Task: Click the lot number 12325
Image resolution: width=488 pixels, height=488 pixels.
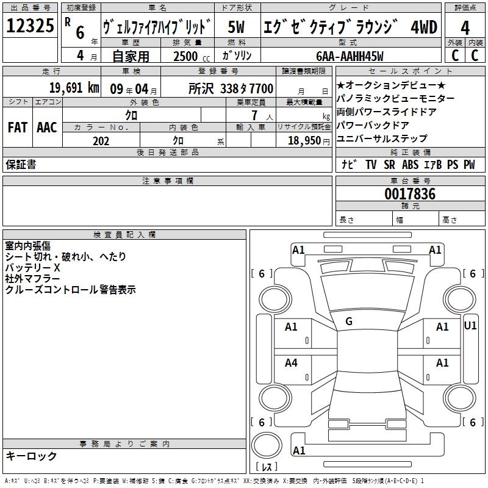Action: (x=30, y=26)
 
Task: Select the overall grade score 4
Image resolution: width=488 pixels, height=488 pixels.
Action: (x=465, y=28)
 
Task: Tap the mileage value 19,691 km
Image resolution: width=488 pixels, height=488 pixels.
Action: (x=74, y=88)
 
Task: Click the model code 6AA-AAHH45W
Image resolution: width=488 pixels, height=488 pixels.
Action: (x=350, y=56)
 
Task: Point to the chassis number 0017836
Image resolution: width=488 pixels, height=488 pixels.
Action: (x=410, y=194)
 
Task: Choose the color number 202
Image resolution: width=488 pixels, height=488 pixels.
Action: (x=101, y=141)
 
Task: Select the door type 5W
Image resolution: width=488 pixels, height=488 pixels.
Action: (x=236, y=27)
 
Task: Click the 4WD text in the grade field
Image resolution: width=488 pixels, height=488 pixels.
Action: (x=424, y=27)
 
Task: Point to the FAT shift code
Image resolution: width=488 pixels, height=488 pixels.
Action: (x=18, y=127)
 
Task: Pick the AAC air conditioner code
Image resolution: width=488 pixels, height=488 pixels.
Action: (x=47, y=127)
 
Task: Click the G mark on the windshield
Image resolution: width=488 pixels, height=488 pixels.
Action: (x=349, y=321)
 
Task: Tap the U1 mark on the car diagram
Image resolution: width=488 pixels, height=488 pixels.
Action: (x=470, y=326)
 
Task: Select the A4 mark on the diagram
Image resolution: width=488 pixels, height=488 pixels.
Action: (x=291, y=362)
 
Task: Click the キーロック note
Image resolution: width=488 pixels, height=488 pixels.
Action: (x=31, y=456)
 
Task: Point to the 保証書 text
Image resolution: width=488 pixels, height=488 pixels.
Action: (x=21, y=164)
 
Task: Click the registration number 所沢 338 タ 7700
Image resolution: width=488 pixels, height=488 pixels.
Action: (x=231, y=88)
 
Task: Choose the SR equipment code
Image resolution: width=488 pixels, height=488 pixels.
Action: (x=389, y=165)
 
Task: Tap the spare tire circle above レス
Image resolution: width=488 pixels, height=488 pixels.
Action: (x=267, y=446)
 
